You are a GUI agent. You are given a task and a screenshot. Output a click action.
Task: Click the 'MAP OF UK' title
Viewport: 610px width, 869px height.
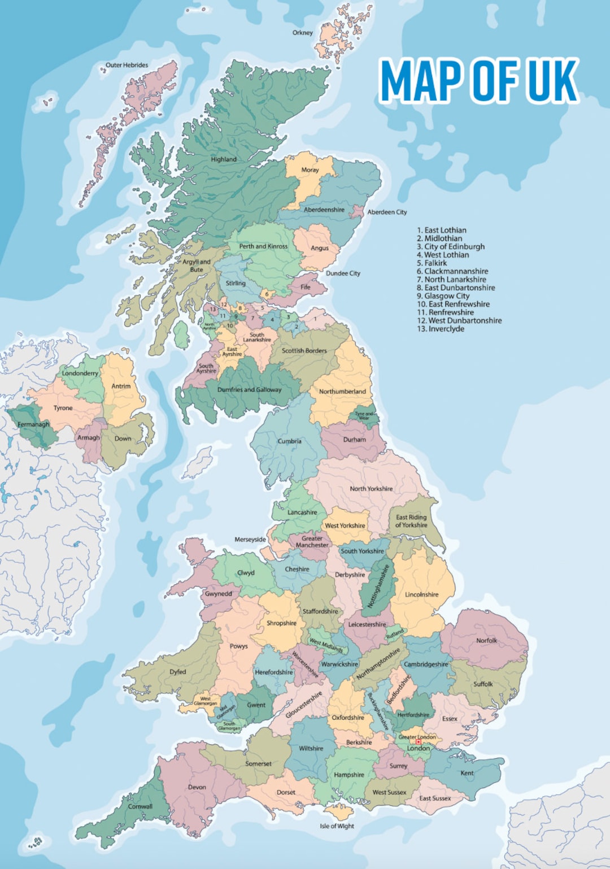pos(479,80)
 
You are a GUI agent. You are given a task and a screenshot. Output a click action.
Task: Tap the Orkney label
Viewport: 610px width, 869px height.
pos(302,33)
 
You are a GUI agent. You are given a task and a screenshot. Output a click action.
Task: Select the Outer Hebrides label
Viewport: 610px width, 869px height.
pos(127,65)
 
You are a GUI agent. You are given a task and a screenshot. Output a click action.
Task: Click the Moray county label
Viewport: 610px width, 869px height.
pos(310,170)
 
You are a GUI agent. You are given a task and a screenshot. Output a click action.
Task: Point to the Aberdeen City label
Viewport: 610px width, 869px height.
pos(387,212)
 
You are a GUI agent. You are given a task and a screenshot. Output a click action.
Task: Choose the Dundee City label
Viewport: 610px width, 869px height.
pos(343,273)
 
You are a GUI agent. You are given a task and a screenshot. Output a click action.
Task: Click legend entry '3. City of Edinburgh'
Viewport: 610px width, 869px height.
pos(451,247)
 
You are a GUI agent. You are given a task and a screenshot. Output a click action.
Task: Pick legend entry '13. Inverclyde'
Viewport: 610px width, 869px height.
pos(441,329)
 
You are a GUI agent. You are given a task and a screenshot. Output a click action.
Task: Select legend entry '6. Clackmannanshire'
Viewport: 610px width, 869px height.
pos(452,271)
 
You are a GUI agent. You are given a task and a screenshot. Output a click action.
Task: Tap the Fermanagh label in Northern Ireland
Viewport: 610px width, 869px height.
pos(33,424)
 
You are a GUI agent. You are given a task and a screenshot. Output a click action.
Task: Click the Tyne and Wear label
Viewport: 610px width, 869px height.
pos(364,416)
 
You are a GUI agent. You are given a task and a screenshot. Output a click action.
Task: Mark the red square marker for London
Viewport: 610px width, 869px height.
pos(419,742)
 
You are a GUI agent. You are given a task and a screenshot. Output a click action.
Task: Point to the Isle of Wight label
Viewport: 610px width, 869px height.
pos(337,826)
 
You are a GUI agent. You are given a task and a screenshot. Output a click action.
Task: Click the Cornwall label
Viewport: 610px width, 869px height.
pos(140,806)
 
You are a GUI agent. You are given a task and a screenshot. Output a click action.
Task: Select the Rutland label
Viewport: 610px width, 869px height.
pos(395,633)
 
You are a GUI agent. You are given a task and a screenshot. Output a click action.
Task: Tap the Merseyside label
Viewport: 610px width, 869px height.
pos(250,540)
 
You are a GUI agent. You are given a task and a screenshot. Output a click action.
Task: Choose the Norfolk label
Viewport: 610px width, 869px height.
pos(486,641)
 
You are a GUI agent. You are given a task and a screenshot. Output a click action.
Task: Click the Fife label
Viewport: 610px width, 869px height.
pos(305,287)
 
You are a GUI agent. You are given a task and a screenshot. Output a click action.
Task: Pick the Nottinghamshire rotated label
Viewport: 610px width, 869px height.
pos(378,586)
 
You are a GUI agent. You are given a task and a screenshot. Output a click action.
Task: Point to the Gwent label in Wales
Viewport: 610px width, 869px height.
pos(256,705)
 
